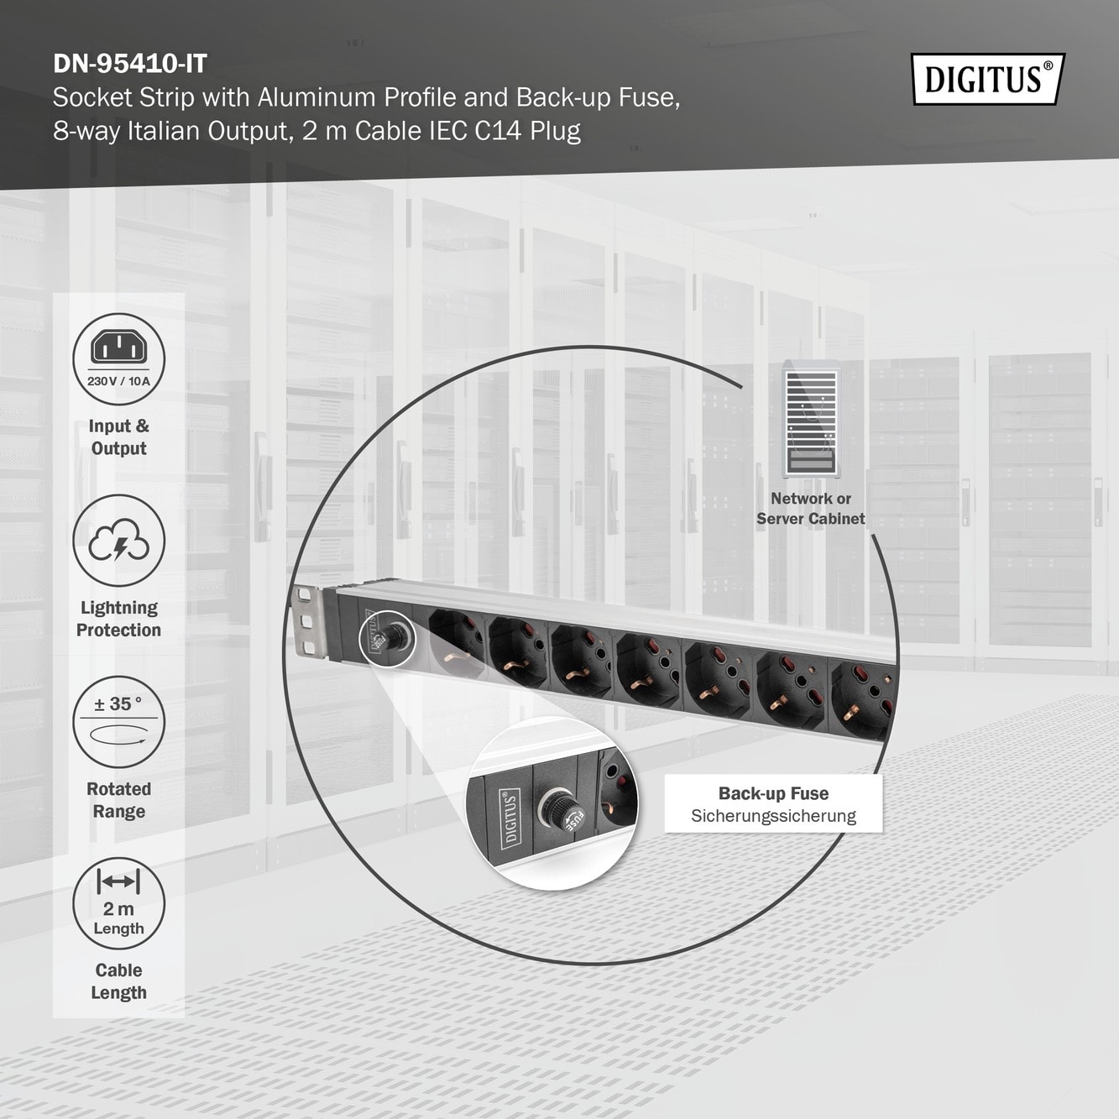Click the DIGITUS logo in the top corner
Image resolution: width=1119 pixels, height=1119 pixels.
pos(988,79)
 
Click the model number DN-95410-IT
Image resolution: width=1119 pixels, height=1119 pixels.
pos(130,63)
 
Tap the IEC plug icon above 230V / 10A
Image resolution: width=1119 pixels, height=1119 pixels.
pos(118,347)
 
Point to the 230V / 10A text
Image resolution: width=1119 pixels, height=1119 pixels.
pos(118,381)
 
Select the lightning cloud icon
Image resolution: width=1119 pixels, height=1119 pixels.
pos(118,541)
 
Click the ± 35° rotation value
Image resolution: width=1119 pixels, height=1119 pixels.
pos(118,703)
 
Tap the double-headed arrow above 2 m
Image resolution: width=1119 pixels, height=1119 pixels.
pos(118,882)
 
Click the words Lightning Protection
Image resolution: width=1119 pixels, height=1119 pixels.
pos(118,619)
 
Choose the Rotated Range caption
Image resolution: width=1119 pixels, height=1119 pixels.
pos(118,800)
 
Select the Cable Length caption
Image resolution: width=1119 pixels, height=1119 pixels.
pos(118,981)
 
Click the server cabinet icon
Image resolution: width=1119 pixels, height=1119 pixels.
pos(811,419)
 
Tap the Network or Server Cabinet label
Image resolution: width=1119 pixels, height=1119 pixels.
pos(811,509)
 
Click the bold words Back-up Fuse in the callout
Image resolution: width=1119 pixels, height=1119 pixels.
pos(773,793)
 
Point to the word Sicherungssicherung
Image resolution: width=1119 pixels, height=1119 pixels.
pos(773,816)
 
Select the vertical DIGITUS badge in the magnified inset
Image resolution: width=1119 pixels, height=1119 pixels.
pos(510,817)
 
